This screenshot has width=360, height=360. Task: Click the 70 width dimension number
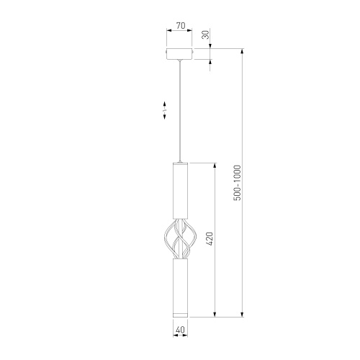point(180,25)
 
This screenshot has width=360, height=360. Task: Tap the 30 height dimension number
point(205,35)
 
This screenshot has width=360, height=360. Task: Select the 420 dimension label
point(210,239)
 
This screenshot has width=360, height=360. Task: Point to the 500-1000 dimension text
point(237,184)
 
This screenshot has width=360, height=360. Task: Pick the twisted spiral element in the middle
point(179,238)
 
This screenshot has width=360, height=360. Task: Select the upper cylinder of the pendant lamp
point(179,192)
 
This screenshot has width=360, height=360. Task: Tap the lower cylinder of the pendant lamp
point(179,284)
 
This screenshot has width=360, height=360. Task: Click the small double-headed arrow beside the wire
point(164,110)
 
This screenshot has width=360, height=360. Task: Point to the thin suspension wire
point(179,108)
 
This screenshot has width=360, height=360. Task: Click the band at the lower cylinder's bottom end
point(179,312)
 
